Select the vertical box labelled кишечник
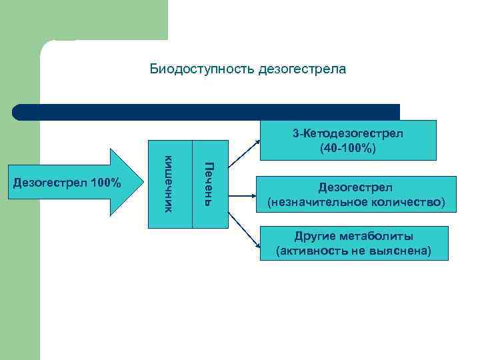coord(169,184)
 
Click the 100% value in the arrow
coord(107,183)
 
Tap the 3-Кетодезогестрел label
coord(347,133)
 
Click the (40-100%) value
coord(347,147)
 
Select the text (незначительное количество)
coord(356,201)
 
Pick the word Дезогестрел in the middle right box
coord(356,188)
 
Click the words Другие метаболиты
coord(353,237)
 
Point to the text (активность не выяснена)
coord(353,251)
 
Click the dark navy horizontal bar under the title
coord(207,112)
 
